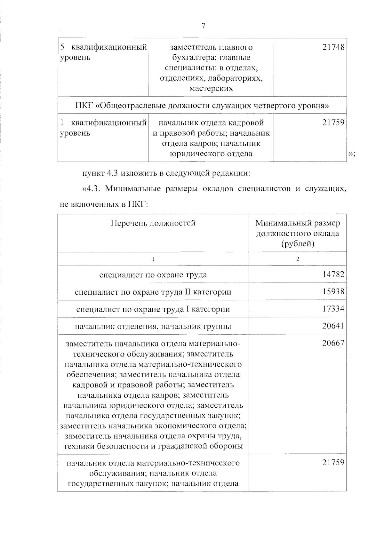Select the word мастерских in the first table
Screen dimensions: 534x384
(211, 89)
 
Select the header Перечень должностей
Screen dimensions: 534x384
(153, 223)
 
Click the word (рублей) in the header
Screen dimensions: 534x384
(298, 244)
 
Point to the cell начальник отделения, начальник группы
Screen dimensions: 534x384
(153, 327)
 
